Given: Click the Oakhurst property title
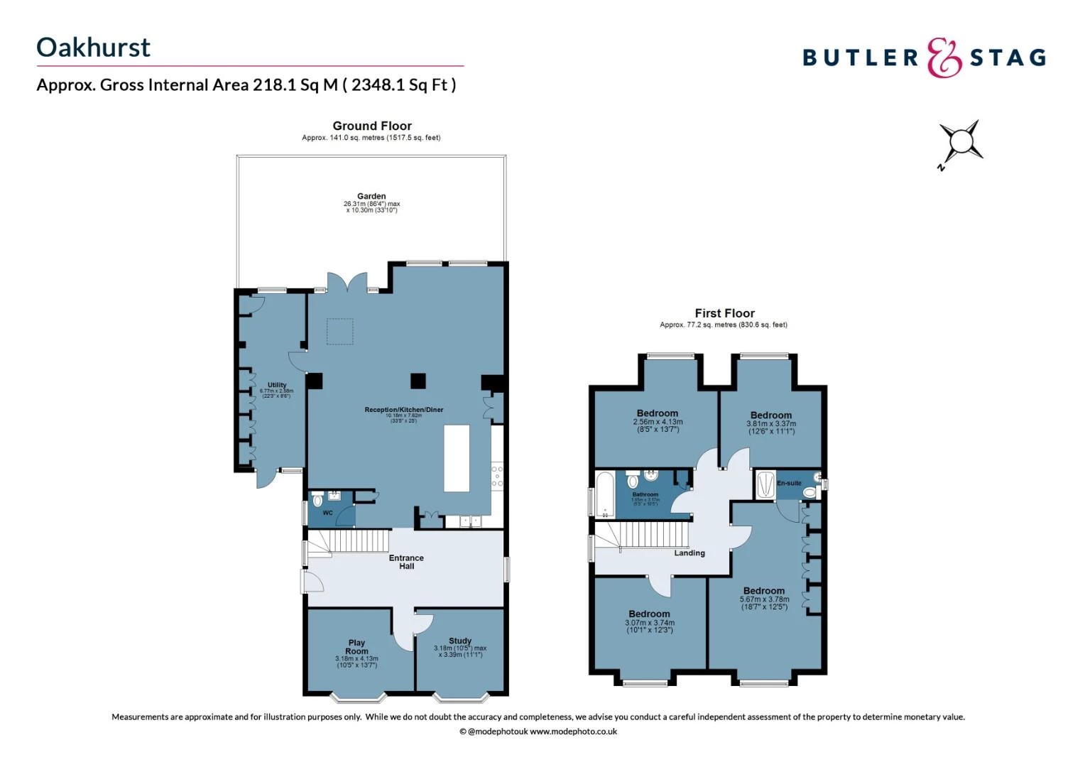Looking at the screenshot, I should [93, 48].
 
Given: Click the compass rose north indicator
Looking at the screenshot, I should [960, 143].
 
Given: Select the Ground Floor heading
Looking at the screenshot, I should [372, 126].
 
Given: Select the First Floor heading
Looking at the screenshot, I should [724, 313].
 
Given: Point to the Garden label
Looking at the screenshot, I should [371, 196].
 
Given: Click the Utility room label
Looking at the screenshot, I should [277, 385].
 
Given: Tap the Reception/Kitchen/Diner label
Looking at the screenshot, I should [403, 410].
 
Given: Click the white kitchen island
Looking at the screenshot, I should [457, 458].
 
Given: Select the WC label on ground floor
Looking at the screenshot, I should [327, 513].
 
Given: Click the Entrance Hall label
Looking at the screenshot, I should [406, 562].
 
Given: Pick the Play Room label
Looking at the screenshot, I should [356, 647].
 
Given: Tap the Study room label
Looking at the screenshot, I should [460, 641].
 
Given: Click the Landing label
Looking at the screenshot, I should [689, 553].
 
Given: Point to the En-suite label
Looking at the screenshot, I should [789, 483].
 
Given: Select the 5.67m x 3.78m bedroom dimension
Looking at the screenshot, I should [764, 599].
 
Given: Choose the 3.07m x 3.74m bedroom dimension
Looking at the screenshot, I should [649, 623].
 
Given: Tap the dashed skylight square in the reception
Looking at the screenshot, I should [339, 332].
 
